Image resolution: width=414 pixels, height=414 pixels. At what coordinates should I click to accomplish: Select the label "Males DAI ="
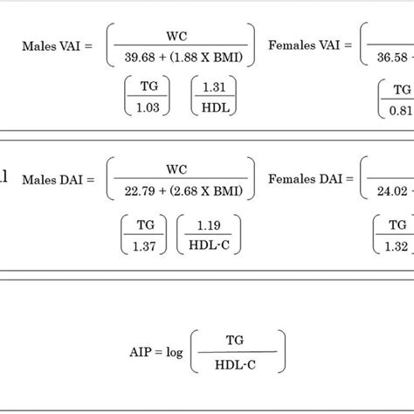click(58, 178)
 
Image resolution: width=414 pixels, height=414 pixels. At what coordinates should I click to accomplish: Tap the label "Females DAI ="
click(310, 178)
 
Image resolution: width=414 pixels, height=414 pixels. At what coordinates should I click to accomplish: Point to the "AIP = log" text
click(158, 353)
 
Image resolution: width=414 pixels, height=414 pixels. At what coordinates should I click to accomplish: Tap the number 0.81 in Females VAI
click(402, 109)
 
